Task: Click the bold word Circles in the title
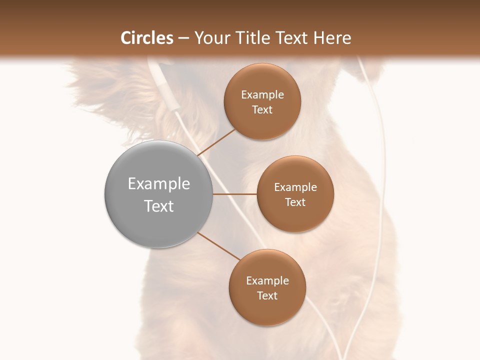[x=147, y=38]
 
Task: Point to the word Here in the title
[x=332, y=38]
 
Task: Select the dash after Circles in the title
[x=183, y=38]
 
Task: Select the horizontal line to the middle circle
[x=234, y=194]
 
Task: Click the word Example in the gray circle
[x=159, y=184]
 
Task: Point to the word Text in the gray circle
[x=159, y=206]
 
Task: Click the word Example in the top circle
[x=262, y=95]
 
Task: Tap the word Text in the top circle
[x=262, y=110]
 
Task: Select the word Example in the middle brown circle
[x=295, y=187]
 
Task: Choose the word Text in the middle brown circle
[x=295, y=202]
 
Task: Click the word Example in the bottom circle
[x=267, y=281]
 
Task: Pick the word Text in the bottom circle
[x=267, y=296]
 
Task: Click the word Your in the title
[x=210, y=38]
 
